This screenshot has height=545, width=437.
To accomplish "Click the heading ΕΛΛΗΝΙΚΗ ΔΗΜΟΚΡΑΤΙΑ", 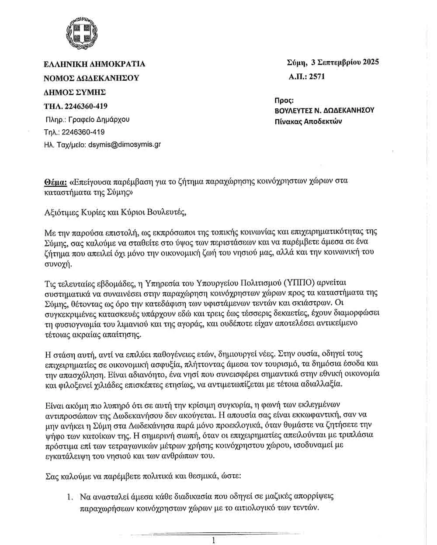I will point(95,64).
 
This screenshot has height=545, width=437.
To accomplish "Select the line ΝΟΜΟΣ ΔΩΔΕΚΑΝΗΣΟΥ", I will point(91,78).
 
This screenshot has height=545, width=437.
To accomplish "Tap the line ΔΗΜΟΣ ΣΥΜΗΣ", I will point(75,92).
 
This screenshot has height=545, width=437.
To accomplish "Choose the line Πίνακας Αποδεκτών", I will point(308,121).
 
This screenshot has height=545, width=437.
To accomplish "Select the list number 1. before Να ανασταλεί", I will point(69,497).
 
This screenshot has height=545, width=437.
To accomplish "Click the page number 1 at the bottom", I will point(213,541).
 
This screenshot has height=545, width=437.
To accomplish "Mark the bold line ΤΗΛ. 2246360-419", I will point(76,106).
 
